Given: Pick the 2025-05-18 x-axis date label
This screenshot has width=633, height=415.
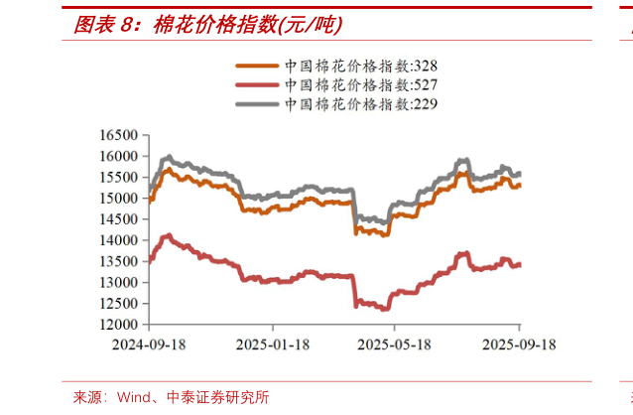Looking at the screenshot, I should click(x=394, y=344).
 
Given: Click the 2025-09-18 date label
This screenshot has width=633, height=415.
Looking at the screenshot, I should click(x=517, y=344).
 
